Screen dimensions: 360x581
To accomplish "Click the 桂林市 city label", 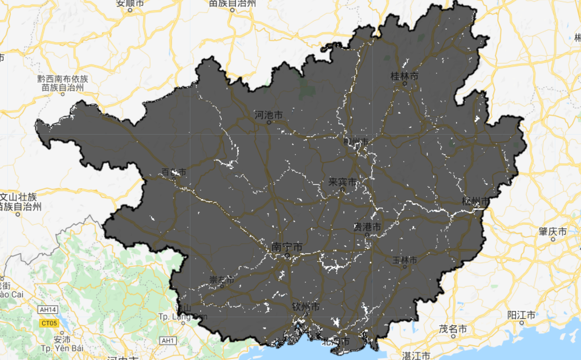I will coord(404,76).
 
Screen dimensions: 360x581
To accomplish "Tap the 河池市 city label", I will coord(268,115).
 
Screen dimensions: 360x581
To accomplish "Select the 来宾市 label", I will coord(343,183).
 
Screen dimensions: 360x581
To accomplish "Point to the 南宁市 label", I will coord(287,247).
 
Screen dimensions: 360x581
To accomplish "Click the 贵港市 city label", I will coord(367,227).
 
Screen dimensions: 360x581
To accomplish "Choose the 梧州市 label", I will coord(476,201).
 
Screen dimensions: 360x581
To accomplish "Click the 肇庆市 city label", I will coord(552,232).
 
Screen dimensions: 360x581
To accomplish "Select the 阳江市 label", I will coord(521,315).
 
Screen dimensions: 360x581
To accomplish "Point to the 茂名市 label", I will coord(453,329).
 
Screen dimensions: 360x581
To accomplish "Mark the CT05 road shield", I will coord(50,323).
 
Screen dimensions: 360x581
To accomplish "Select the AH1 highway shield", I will coord(168,341).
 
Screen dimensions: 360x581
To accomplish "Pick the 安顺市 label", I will coord(131,3).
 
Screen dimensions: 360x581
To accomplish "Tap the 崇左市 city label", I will coord(221,280).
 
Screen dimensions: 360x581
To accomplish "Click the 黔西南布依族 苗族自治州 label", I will coord(63,83).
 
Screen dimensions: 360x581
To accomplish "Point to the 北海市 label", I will coord(336,342).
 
